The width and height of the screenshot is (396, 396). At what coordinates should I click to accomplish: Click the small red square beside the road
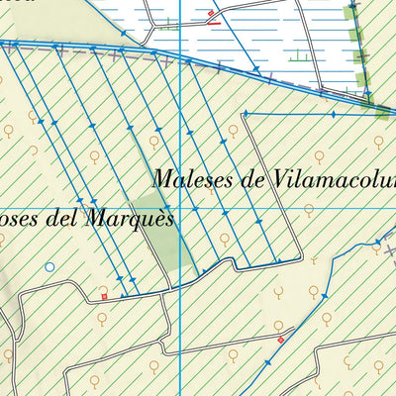click(x=103, y=295)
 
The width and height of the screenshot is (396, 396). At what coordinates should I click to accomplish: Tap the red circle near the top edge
click(x=211, y=13)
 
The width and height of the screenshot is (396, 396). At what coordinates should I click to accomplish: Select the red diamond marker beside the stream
click(x=280, y=340)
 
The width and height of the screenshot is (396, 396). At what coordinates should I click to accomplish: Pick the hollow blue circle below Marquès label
click(x=49, y=266)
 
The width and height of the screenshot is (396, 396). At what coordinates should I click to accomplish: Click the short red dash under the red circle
click(x=215, y=22)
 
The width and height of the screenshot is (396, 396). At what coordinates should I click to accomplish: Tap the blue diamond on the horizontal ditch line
click(x=332, y=115)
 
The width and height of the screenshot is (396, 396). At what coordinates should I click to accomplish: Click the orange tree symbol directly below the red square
click(x=102, y=318)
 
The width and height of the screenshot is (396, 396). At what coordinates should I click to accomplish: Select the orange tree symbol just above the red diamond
click(x=279, y=324)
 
